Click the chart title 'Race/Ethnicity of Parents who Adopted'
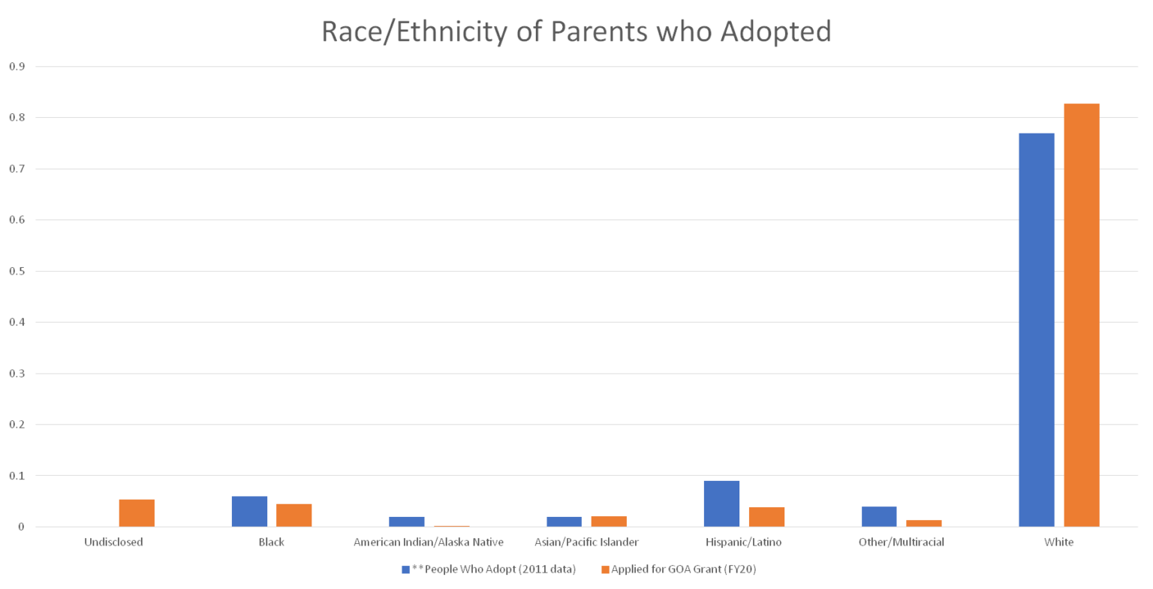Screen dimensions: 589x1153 [x=576, y=32]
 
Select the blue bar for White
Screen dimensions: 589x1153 [x=1036, y=330]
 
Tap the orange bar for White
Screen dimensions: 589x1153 [x=1081, y=315]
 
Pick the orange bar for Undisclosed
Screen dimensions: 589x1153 [x=137, y=513]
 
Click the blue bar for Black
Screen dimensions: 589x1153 [x=249, y=511]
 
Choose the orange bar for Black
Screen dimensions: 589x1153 [x=294, y=515]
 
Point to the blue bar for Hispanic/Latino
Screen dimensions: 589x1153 [x=721, y=503]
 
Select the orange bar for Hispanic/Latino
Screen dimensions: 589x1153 [x=766, y=517]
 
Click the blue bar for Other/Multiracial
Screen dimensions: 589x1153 [x=878, y=517]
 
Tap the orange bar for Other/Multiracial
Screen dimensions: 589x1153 [x=923, y=523]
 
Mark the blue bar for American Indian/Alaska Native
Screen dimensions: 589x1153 [x=407, y=521]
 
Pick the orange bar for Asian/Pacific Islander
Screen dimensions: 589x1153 [x=609, y=521]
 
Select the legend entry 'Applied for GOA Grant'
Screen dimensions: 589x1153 [x=683, y=569]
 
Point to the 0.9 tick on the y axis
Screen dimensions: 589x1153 [x=17, y=67]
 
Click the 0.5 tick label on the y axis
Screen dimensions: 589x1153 [x=17, y=272]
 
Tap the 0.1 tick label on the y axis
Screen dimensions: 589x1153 [x=17, y=476]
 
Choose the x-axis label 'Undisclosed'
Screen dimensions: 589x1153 [x=113, y=542]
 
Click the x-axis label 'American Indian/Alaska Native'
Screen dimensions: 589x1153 [x=429, y=542]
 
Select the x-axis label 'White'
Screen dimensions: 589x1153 [x=1058, y=542]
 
